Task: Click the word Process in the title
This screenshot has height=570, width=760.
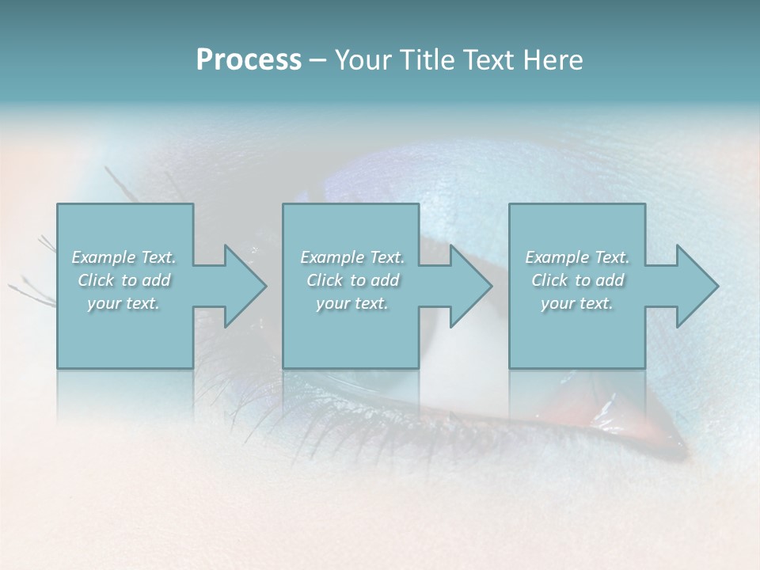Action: [x=249, y=60]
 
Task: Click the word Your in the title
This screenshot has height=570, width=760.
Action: [x=363, y=60]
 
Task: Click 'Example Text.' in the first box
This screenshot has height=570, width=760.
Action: [x=123, y=257]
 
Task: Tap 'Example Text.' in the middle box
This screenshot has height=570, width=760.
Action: [x=352, y=257]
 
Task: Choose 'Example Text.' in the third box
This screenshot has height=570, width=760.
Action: [x=577, y=257]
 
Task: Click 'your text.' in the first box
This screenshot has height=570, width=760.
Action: [x=123, y=303]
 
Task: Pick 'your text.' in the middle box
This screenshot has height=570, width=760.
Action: [x=352, y=303]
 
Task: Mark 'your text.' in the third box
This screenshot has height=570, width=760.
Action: [x=577, y=303]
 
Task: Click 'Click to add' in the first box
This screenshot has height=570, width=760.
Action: [x=123, y=280]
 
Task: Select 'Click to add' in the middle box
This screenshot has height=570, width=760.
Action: [x=352, y=280]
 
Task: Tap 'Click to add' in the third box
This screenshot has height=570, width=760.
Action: [x=577, y=280]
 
